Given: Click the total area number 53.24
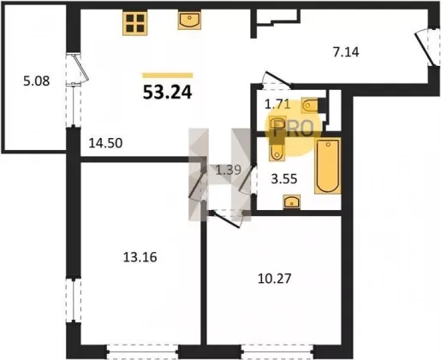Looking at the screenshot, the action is pyautogui.click(x=167, y=93).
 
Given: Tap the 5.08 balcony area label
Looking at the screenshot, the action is pyautogui.click(x=37, y=81).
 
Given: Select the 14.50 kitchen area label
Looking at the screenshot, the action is pyautogui.click(x=105, y=143).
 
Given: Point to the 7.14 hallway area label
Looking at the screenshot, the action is pyautogui.click(x=346, y=52).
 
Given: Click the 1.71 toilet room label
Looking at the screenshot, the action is pyautogui.click(x=277, y=105).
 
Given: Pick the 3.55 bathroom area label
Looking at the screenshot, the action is pyautogui.click(x=284, y=179).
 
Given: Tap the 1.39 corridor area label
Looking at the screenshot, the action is pyautogui.click(x=228, y=171).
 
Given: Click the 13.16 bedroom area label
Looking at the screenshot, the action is pyautogui.click(x=140, y=257).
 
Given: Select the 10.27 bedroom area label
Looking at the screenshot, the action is pyautogui.click(x=274, y=279).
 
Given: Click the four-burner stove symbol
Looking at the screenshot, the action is pyautogui.click(x=135, y=23).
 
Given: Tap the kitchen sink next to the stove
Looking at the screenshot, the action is pyautogui.click(x=189, y=21).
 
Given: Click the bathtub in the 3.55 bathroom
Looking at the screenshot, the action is pyautogui.click(x=328, y=165).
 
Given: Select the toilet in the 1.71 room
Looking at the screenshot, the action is pyautogui.click(x=309, y=105).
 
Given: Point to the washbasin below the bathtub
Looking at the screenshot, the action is pyautogui.click(x=291, y=202).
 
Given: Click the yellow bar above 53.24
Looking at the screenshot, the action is pyautogui.click(x=168, y=75).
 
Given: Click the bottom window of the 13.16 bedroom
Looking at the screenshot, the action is pyautogui.click(x=143, y=351).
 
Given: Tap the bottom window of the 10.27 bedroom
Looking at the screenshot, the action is pyautogui.click(x=277, y=351).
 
